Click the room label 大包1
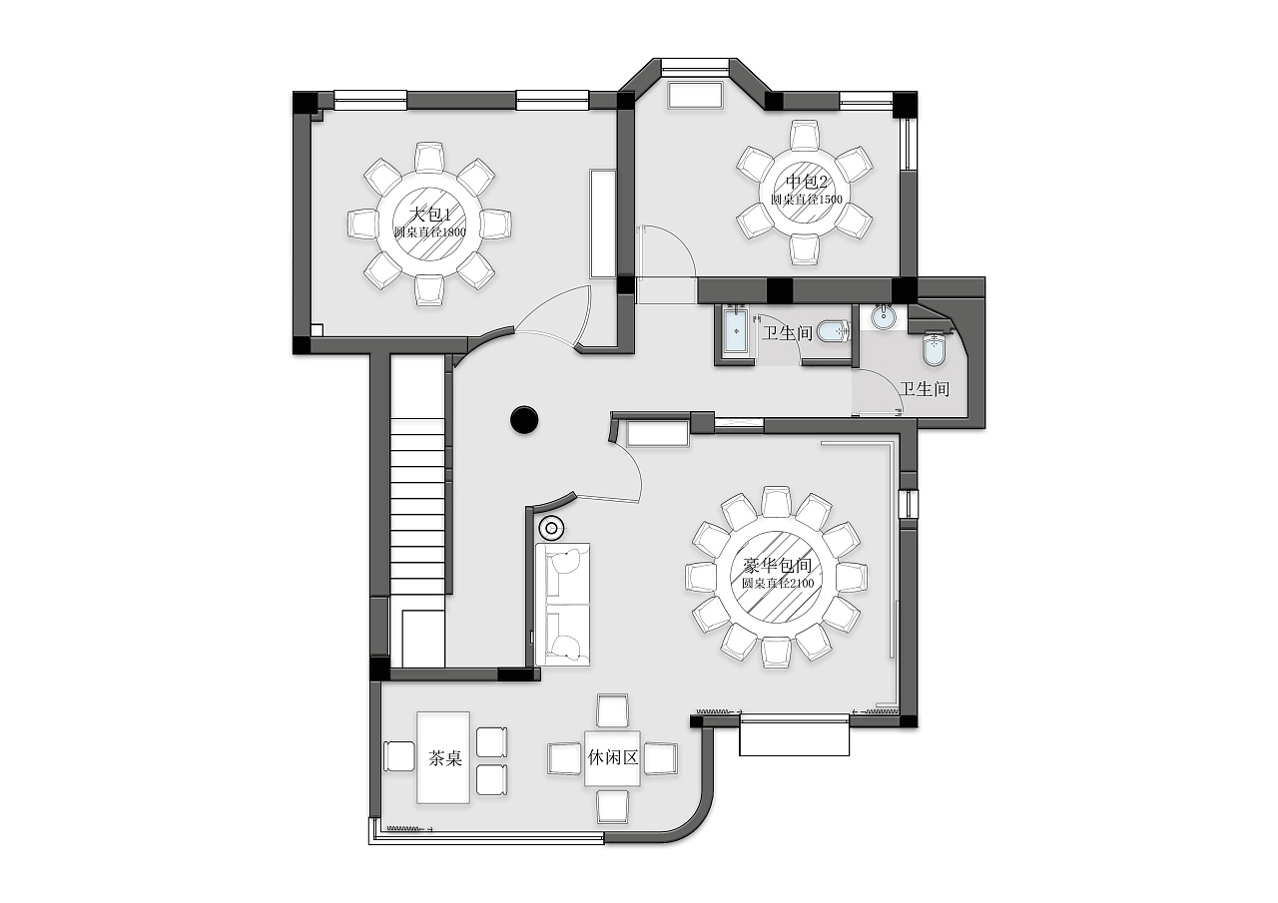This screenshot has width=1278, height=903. [430, 215]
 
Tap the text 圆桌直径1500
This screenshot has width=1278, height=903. [806, 200]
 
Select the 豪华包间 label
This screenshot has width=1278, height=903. [777, 566]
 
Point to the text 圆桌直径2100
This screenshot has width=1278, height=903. [778, 583]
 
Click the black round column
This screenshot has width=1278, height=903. [524, 420]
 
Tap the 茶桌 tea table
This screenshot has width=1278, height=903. [443, 757]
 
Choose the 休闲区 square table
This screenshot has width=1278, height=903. [612, 758]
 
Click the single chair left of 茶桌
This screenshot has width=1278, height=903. [399, 756]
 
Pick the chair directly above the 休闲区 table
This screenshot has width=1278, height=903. [612, 710]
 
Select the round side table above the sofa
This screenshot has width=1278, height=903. [552, 529]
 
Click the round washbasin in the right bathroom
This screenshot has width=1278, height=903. [884, 317]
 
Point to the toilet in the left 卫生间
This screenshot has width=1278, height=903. [834, 330]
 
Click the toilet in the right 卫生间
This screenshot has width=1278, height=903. [934, 349]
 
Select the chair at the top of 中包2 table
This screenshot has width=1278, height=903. [805, 136]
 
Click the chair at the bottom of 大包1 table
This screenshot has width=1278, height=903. [429, 290]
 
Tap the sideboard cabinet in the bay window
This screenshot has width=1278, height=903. [696, 95]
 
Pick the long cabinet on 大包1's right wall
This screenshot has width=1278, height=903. [603, 224]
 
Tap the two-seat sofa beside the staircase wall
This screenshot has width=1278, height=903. [562, 605]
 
